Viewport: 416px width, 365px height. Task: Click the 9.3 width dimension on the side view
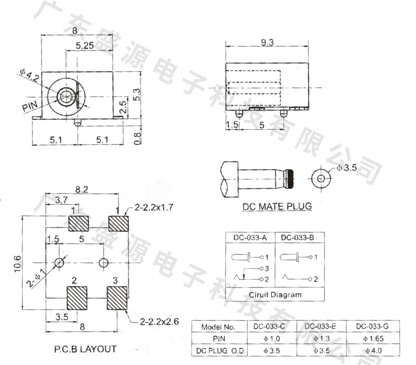267,42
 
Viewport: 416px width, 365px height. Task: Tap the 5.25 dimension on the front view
84,46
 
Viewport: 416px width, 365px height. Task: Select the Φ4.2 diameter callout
29,75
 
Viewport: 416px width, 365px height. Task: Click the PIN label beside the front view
30,106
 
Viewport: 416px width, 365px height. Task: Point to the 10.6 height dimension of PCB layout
17,263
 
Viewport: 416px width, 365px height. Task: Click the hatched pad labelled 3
117,298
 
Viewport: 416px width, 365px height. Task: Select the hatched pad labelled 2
77,298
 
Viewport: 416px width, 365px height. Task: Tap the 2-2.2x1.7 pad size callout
154,207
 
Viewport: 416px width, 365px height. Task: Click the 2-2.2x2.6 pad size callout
159,322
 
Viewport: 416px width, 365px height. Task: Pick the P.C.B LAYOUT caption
85,349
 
